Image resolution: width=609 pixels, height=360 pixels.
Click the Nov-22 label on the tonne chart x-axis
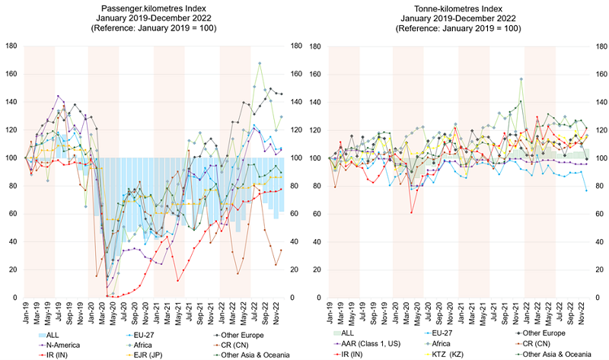[x=582, y=311]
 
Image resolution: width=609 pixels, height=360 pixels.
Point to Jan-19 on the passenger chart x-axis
[x=25, y=311]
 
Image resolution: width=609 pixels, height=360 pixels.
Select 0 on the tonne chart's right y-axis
[x=596, y=297]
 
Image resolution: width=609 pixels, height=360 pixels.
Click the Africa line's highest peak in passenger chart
[x=260, y=63]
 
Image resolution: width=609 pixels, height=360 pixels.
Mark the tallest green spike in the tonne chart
[x=521, y=78]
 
